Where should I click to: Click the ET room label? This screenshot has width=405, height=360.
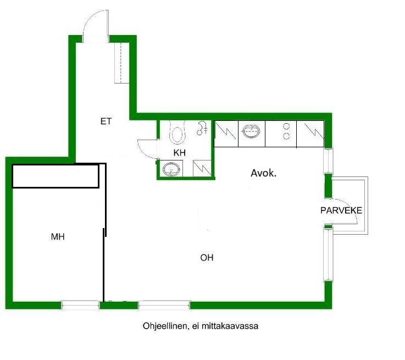click(106, 121)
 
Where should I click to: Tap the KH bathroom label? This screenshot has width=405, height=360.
click(180, 153)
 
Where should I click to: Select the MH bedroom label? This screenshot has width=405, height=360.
click(58, 236)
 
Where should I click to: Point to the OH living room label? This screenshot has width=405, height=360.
click(207, 257)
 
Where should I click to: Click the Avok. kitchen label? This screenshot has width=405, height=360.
click(263, 173)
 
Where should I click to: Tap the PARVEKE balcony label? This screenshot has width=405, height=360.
click(341, 210)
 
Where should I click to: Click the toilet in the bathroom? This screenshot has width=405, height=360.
click(177, 132)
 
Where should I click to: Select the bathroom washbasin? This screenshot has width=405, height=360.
click(171, 169)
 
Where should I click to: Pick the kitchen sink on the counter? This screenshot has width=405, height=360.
click(251, 131)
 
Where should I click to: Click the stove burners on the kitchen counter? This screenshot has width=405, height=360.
click(286, 131)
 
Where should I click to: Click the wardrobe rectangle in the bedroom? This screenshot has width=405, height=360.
click(56, 176)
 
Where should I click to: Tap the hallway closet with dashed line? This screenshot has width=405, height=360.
click(121, 63)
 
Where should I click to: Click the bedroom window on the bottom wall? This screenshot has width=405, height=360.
click(80, 305)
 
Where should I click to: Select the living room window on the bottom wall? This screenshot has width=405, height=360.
click(164, 305)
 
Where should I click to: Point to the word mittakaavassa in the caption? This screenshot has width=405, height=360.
click(230, 326)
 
